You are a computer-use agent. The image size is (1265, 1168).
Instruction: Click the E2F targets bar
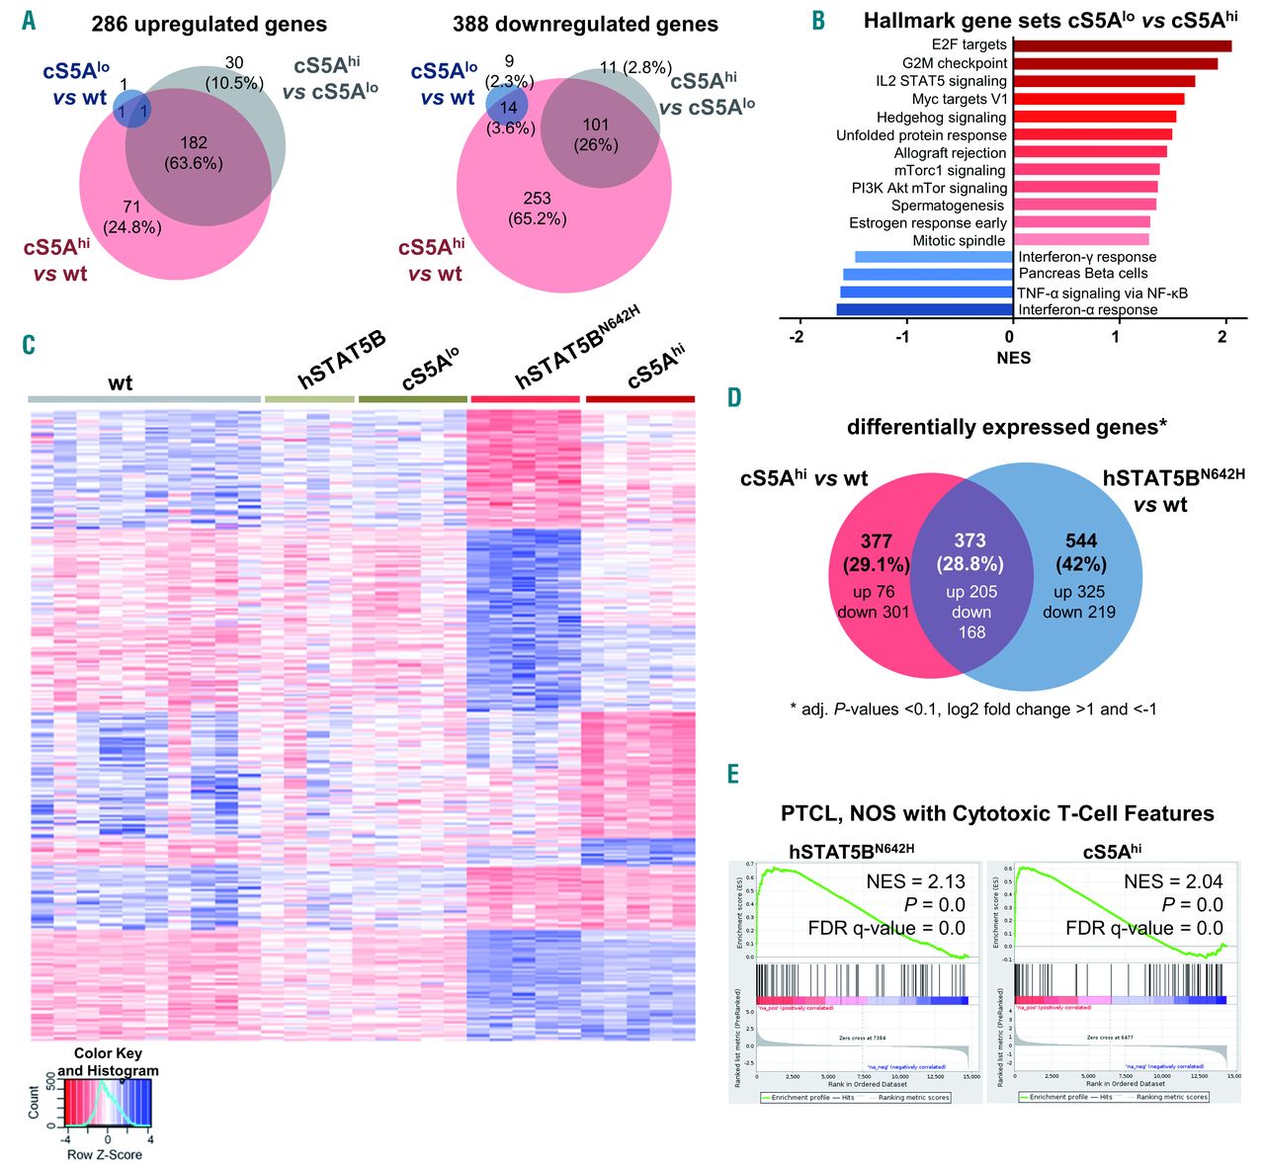tap(1122, 45)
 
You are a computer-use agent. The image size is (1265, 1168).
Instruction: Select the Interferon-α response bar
tap(924, 309)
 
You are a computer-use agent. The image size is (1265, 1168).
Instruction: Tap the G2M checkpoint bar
tap(1115, 63)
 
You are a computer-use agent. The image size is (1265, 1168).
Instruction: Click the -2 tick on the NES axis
tap(797, 337)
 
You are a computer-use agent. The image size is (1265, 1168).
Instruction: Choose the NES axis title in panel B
tap(1012, 358)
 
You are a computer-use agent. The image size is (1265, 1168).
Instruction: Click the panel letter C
tap(29, 344)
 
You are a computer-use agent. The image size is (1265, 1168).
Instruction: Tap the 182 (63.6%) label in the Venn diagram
tap(194, 153)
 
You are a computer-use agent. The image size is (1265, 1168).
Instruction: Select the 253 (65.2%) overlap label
tap(537, 209)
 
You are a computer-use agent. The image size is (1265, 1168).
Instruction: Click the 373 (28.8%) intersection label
tap(970, 552)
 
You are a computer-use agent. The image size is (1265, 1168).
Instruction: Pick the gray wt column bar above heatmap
tap(144, 399)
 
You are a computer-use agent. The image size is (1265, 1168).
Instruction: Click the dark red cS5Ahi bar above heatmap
tap(639, 399)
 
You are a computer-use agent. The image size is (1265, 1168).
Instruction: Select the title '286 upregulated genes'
tap(209, 24)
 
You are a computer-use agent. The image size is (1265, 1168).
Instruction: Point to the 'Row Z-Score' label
tap(105, 1154)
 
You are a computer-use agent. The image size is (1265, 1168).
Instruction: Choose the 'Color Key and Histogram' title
tap(108, 1061)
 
